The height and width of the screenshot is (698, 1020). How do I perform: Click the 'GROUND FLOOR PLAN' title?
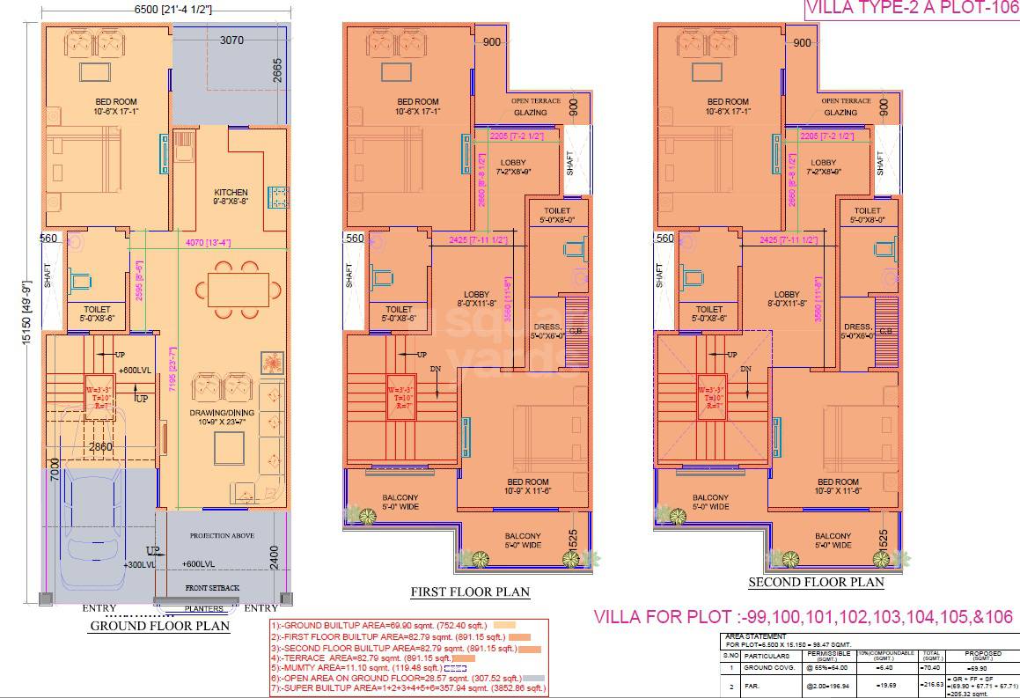tap(159, 626)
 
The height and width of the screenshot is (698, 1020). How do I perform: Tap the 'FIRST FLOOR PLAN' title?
tap(470, 591)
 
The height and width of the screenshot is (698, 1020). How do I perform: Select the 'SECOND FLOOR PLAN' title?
tap(816, 582)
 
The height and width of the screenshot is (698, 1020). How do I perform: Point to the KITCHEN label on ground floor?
tap(231, 192)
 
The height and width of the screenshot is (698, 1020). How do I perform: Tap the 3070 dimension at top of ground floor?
tap(231, 40)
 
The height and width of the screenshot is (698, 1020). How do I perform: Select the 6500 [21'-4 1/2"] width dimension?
tap(172, 9)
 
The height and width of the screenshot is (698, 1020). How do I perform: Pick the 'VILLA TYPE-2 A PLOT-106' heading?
tap(911, 9)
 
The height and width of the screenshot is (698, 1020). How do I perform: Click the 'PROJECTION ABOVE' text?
tap(221, 536)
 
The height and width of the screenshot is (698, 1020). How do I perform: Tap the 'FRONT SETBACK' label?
tap(212, 587)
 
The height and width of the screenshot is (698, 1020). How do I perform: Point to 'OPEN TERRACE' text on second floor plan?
tap(846, 101)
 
